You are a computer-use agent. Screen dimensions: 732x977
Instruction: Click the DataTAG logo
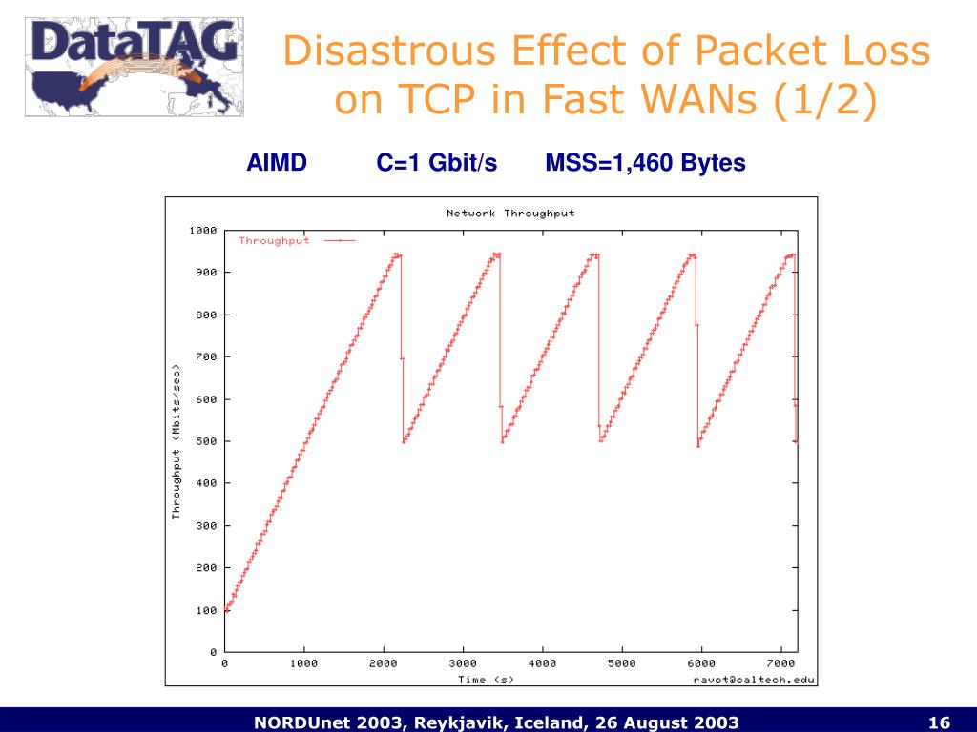tap(134, 65)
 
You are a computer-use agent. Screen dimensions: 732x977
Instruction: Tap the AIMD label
tap(277, 163)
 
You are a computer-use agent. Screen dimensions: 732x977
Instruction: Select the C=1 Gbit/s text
tap(436, 163)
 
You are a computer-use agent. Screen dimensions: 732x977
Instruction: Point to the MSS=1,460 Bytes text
tap(645, 163)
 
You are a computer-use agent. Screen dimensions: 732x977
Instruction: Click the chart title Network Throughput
tap(510, 213)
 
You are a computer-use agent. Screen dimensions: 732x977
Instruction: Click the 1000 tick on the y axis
tap(202, 231)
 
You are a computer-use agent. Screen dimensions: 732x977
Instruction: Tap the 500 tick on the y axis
tap(206, 441)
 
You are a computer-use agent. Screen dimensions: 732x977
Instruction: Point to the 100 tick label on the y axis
tap(206, 610)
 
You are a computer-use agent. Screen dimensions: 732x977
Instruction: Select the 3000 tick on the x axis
tap(462, 663)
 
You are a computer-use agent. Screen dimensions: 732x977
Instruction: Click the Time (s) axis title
tap(486, 680)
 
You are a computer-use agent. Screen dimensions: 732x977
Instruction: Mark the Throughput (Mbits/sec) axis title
tap(176, 441)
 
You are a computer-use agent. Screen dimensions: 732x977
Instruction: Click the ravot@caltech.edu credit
tap(753, 680)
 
